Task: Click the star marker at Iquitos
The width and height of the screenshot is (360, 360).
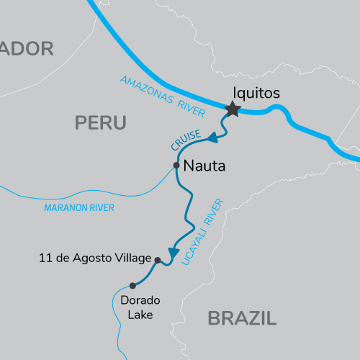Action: click(x=233, y=109)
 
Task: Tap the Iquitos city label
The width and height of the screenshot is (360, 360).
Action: click(x=256, y=93)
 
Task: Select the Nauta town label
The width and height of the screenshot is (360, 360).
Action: click(x=204, y=166)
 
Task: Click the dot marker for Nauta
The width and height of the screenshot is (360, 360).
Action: click(x=176, y=166)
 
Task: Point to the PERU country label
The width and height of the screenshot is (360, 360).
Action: click(x=101, y=123)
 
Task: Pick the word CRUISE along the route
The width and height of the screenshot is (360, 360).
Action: click(x=181, y=140)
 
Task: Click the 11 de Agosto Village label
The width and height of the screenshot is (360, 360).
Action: click(x=95, y=258)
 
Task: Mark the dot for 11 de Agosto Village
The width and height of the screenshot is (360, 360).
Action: click(x=157, y=260)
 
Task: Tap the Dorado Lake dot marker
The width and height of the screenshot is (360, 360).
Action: click(x=132, y=285)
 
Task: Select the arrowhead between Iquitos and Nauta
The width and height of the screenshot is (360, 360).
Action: click(x=212, y=137)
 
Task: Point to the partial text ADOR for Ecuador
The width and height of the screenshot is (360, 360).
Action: click(x=27, y=49)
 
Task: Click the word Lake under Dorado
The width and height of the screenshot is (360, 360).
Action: click(x=142, y=314)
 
